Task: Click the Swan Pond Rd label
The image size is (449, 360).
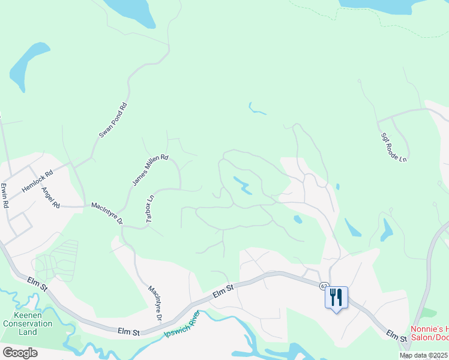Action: click(x=113, y=121)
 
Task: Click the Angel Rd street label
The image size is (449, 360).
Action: click(x=51, y=197)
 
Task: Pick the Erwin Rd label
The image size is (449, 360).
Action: click(x=5, y=196)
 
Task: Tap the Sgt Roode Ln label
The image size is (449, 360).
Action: click(x=394, y=148)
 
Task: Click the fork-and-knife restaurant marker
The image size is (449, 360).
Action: click(x=336, y=297)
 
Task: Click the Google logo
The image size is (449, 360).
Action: click(x=20, y=352)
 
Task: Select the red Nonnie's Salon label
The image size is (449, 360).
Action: click(x=429, y=334)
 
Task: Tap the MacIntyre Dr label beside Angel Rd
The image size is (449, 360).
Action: click(x=107, y=213)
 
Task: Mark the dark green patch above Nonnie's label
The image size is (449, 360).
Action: click(x=429, y=313)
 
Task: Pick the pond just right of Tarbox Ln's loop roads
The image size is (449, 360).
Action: click(x=242, y=185)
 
